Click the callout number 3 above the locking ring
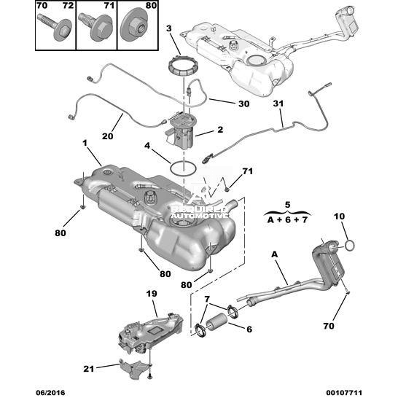pyautogui.click(x=169, y=28)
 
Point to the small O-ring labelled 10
pyautogui.click(x=350, y=246)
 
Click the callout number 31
pyautogui.click(x=278, y=104)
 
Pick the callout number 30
pyautogui.click(x=243, y=104)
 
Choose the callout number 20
pyautogui.click(x=107, y=136)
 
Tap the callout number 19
pyautogui.click(x=152, y=294)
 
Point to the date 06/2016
pyautogui.click(x=50, y=393)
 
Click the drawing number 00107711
pyautogui.click(x=343, y=393)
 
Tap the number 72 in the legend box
pyautogui.click(x=68, y=6)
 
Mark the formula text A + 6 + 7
pyautogui.click(x=287, y=220)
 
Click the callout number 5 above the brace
pyautogui.click(x=287, y=205)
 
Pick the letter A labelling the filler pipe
pyautogui.click(x=275, y=254)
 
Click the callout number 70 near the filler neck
pyautogui.click(x=329, y=326)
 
